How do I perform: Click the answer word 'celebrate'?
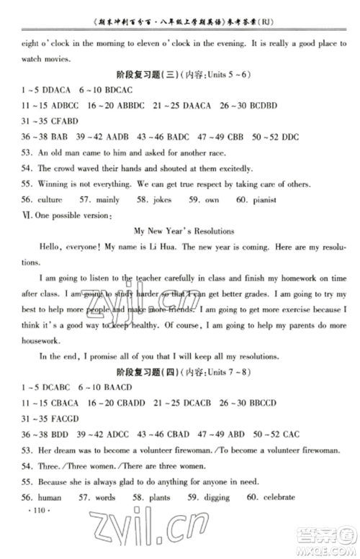[280, 517]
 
